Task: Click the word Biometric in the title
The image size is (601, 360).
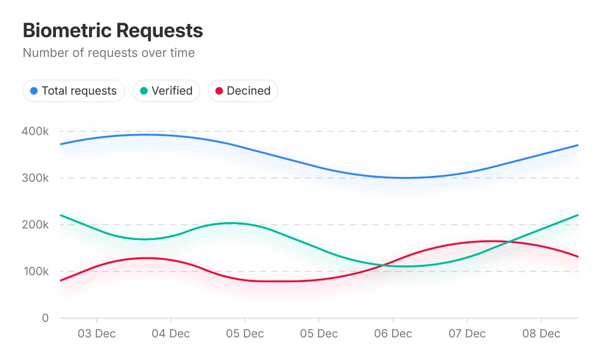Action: [x=67, y=31]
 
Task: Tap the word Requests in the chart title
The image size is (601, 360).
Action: [x=159, y=31]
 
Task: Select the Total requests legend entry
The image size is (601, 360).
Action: [x=74, y=91]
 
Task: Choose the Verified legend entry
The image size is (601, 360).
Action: [x=166, y=91]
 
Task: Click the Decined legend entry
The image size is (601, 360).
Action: [x=243, y=91]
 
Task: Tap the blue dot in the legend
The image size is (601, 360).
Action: [x=34, y=91]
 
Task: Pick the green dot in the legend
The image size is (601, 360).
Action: [x=144, y=91]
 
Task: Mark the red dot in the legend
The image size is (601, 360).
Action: [x=219, y=91]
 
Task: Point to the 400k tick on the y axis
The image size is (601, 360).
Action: [x=35, y=131]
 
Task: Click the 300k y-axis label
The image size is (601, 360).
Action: [x=35, y=178]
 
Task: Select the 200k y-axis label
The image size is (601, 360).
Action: [x=35, y=224]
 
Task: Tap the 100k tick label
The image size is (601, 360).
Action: [x=35, y=272]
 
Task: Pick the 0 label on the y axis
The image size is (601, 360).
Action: [x=45, y=318]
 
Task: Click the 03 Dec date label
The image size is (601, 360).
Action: [x=96, y=334]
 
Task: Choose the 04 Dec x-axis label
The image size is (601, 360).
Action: [x=171, y=334]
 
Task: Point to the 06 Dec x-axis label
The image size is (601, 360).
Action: [x=393, y=334]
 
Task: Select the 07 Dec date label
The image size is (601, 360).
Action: [x=467, y=334]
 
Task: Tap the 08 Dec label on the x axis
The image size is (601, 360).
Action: [x=541, y=334]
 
